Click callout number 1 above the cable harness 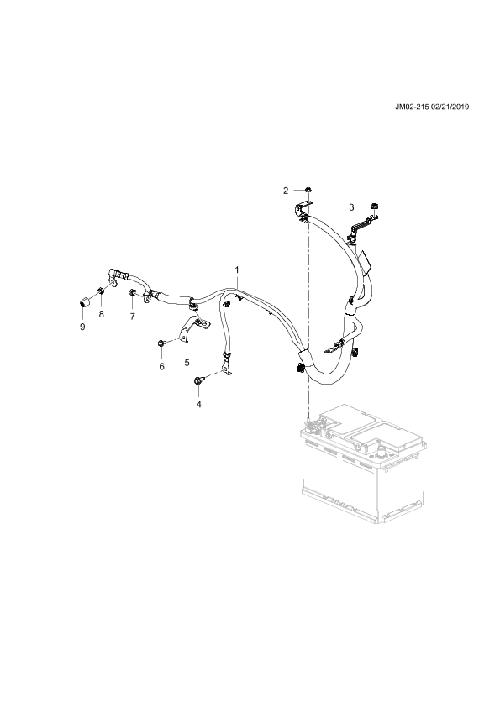point(236,270)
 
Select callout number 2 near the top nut point(286,191)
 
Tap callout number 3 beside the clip point(351,207)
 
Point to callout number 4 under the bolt point(198,404)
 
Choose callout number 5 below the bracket point(187,362)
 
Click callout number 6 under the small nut point(161,366)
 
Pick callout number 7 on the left point(132,317)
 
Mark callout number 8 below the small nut point(101,314)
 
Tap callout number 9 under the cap point(82,327)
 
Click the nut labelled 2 point(308,190)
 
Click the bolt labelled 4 point(198,380)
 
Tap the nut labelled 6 point(161,344)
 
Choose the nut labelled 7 point(132,293)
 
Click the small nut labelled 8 point(102,291)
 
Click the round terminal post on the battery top point(381,450)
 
